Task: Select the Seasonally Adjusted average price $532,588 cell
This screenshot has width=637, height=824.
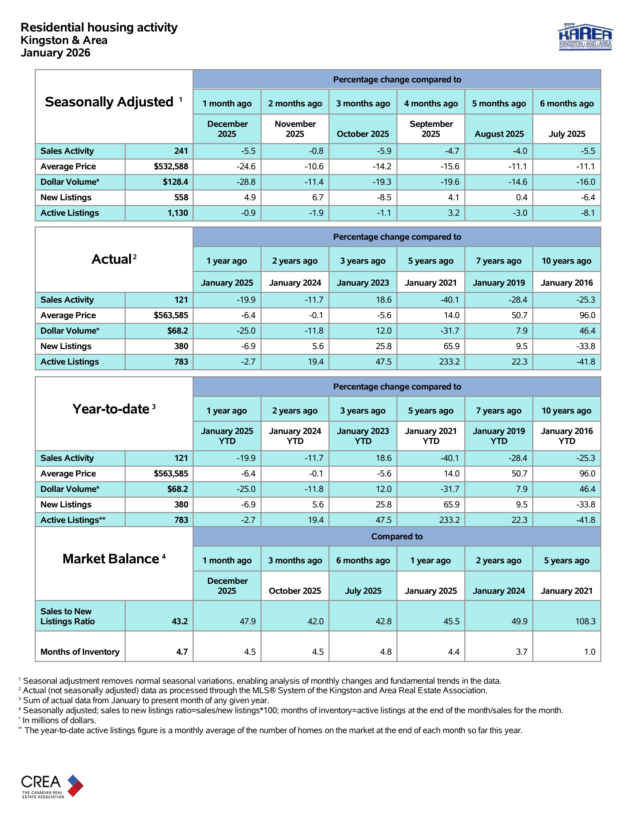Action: [x=171, y=166]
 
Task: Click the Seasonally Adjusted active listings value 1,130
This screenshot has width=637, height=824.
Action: [x=177, y=213]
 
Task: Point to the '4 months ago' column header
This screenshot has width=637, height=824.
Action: [x=431, y=103]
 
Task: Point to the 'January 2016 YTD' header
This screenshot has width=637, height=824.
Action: [x=567, y=436]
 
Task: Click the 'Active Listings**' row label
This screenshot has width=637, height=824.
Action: [x=73, y=520]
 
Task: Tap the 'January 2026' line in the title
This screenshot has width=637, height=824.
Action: [x=55, y=53]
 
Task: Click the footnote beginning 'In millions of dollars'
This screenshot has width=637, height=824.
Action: [x=59, y=720]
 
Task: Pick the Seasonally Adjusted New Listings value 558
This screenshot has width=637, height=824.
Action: [x=181, y=197]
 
